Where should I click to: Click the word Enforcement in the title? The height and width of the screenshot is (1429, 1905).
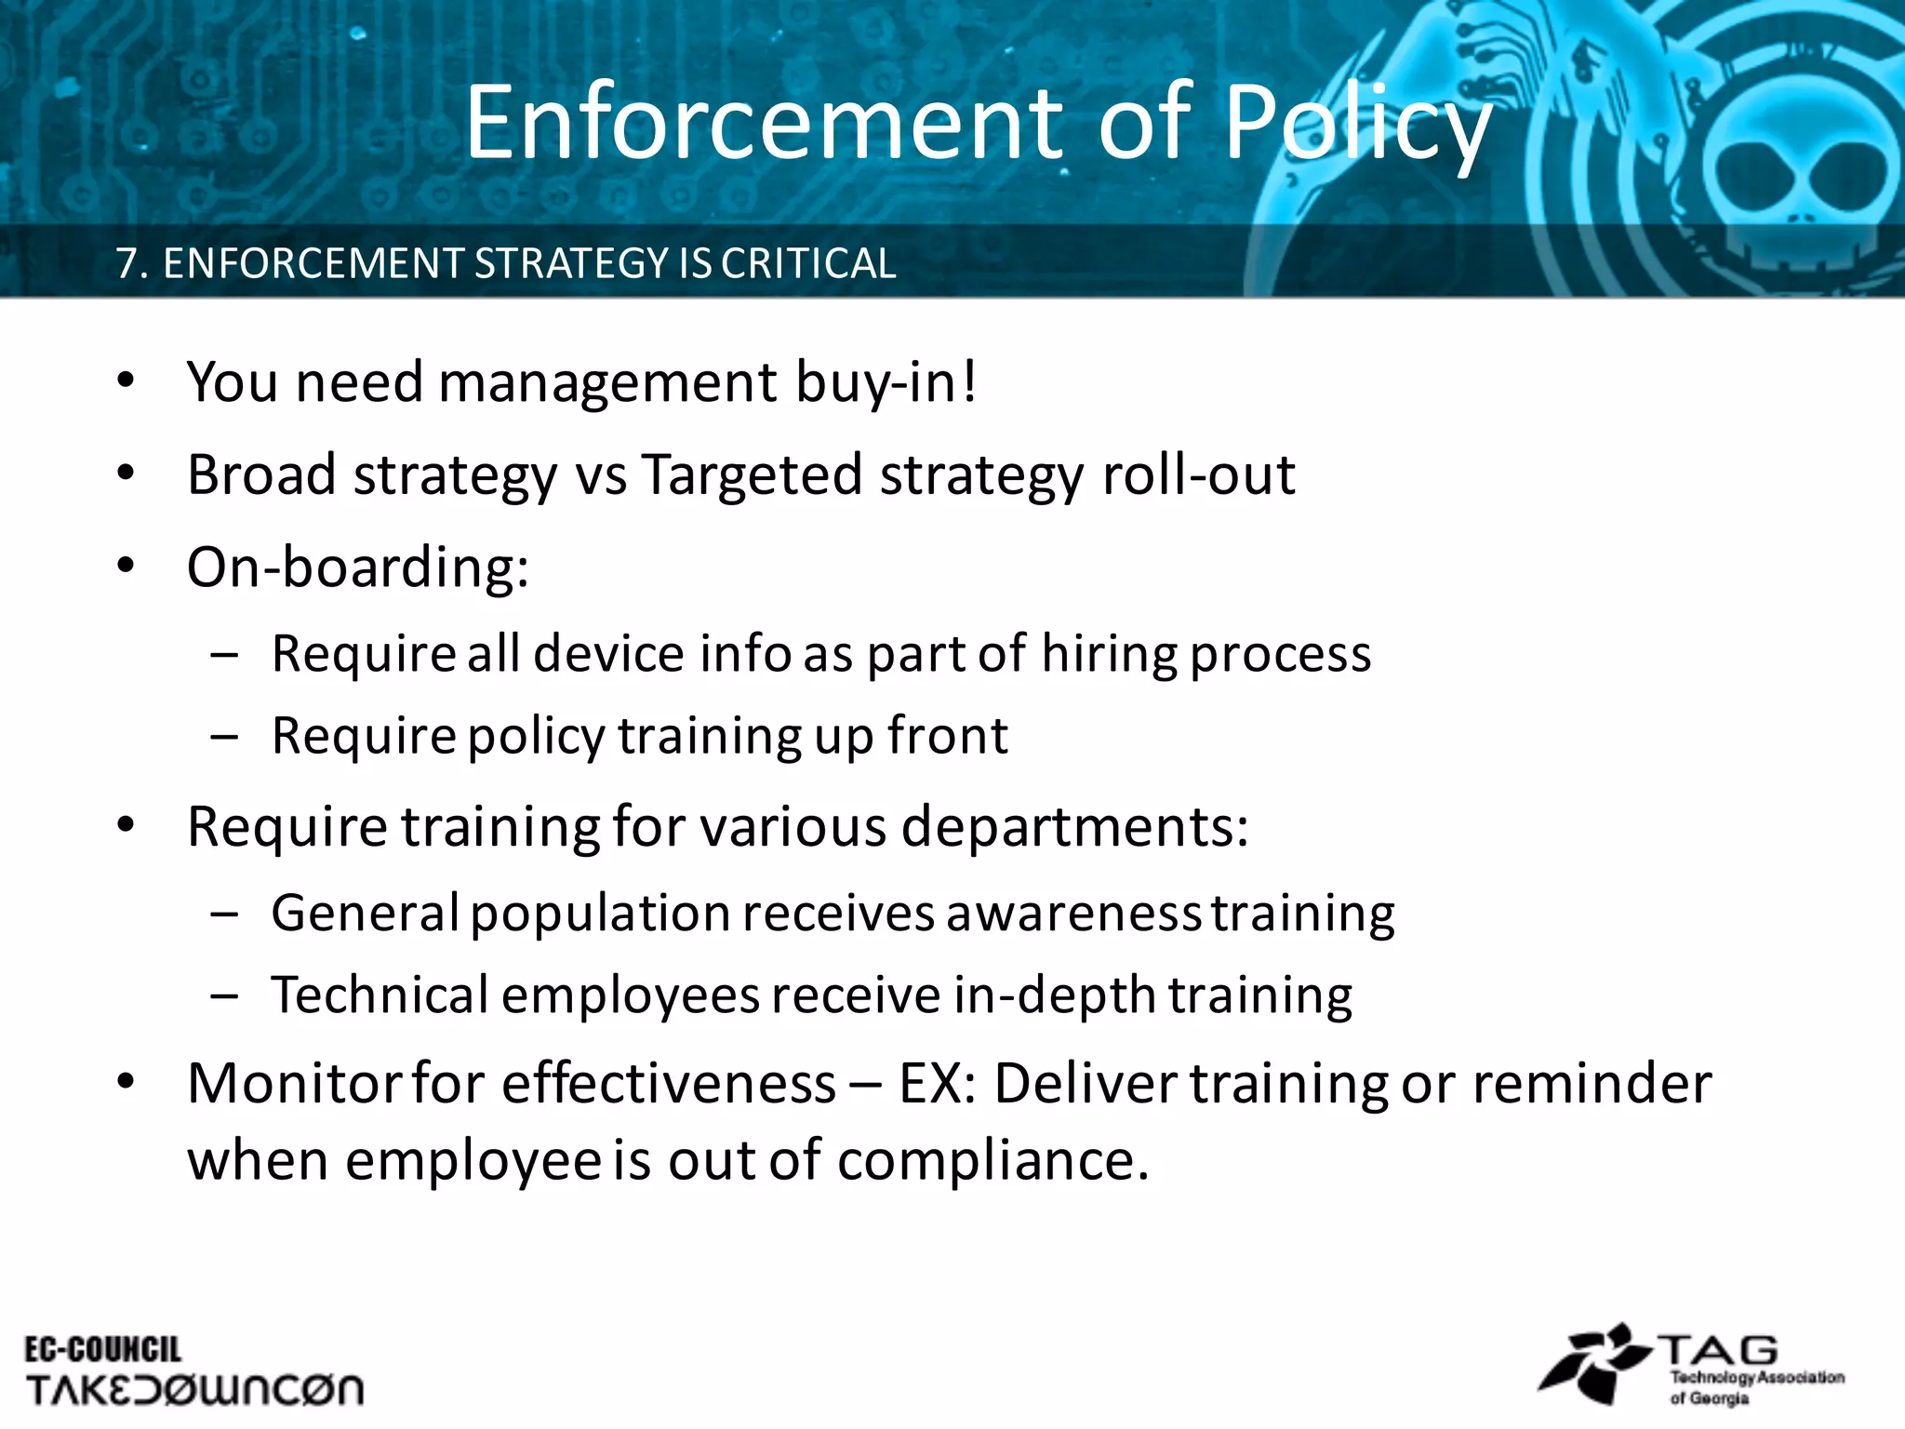coord(764,123)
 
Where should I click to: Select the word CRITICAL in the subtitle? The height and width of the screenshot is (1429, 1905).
coord(808,264)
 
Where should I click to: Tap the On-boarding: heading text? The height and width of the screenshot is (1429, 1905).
coord(357,568)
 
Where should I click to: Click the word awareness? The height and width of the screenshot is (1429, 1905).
coord(1073,913)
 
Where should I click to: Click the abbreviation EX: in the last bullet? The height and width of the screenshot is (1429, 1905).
coord(937,1084)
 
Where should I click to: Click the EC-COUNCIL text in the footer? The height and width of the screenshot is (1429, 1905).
coord(102,1350)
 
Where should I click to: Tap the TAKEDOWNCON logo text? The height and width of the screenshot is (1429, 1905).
coord(194,1390)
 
